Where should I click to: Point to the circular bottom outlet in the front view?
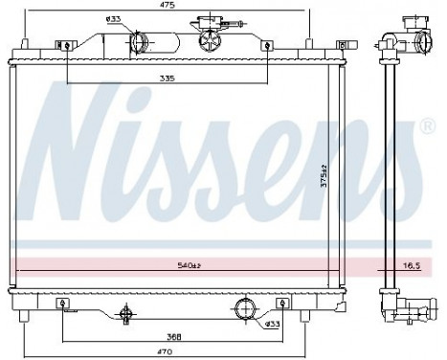click(x=244, y=308)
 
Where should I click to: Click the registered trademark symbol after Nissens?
click(x=428, y=125)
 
